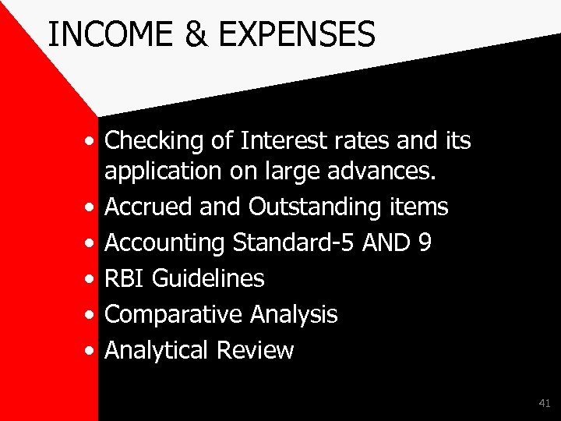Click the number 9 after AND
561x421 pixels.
click(x=425, y=242)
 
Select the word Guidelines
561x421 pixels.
click(x=208, y=278)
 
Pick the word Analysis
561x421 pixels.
click(x=294, y=314)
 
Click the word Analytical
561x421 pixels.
click(x=157, y=350)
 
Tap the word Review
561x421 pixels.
click(x=255, y=350)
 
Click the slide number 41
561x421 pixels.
click(x=544, y=403)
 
